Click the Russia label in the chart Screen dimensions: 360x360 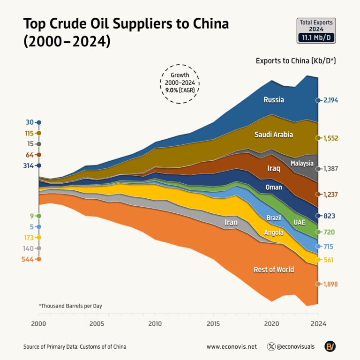(273, 99)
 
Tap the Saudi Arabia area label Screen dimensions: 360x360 (273, 135)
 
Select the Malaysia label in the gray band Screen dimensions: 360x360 (301, 163)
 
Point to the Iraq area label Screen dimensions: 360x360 (273, 168)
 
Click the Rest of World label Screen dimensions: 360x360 (273, 270)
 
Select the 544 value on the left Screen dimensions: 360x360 (27, 259)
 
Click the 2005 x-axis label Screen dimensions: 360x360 (97, 324)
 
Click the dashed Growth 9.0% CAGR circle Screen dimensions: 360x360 (180, 83)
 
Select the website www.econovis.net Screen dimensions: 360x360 (232, 347)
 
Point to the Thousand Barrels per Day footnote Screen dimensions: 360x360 (70, 306)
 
